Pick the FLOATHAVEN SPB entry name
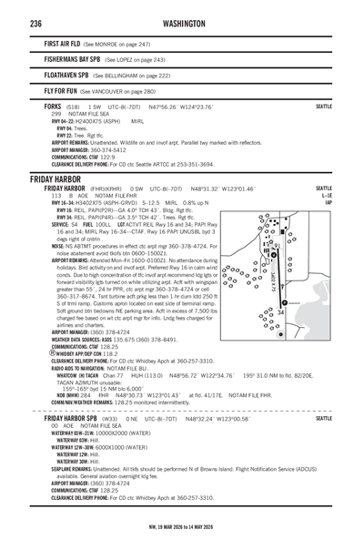[66, 76]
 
